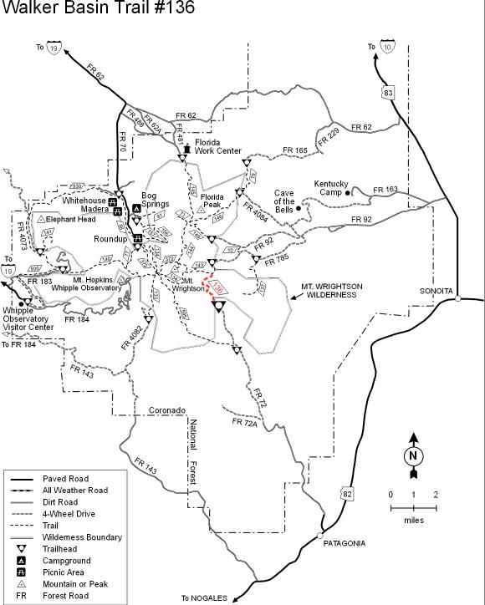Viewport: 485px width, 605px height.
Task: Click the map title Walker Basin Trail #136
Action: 98,9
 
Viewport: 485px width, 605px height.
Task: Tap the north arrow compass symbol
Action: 412,455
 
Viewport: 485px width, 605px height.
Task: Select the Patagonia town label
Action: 345,543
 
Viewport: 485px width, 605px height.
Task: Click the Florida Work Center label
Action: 218,147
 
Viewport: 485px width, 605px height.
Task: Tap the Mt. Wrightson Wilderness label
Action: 332,291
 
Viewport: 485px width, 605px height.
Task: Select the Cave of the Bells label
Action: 284,201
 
